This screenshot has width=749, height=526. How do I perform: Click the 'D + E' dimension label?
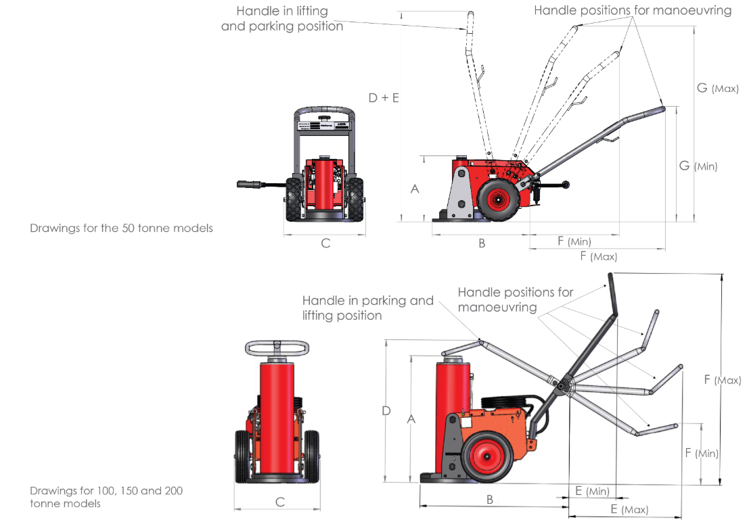(x=384, y=97)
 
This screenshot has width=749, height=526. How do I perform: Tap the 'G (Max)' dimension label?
(x=717, y=88)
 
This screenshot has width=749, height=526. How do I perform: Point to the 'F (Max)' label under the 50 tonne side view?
(x=599, y=256)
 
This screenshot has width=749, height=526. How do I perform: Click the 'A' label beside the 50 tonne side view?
(x=415, y=189)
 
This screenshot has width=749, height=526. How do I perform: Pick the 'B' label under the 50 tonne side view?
(x=482, y=243)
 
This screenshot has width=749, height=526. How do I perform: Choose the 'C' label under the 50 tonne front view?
(x=325, y=243)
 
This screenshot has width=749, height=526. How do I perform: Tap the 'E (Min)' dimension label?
(x=591, y=491)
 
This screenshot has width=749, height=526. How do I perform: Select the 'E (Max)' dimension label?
(x=629, y=509)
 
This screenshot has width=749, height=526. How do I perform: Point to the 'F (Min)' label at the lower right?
(x=702, y=453)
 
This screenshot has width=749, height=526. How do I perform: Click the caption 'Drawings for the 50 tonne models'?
(x=121, y=229)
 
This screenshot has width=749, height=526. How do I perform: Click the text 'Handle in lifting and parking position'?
(x=282, y=19)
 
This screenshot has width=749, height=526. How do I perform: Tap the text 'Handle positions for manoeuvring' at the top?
(x=632, y=11)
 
